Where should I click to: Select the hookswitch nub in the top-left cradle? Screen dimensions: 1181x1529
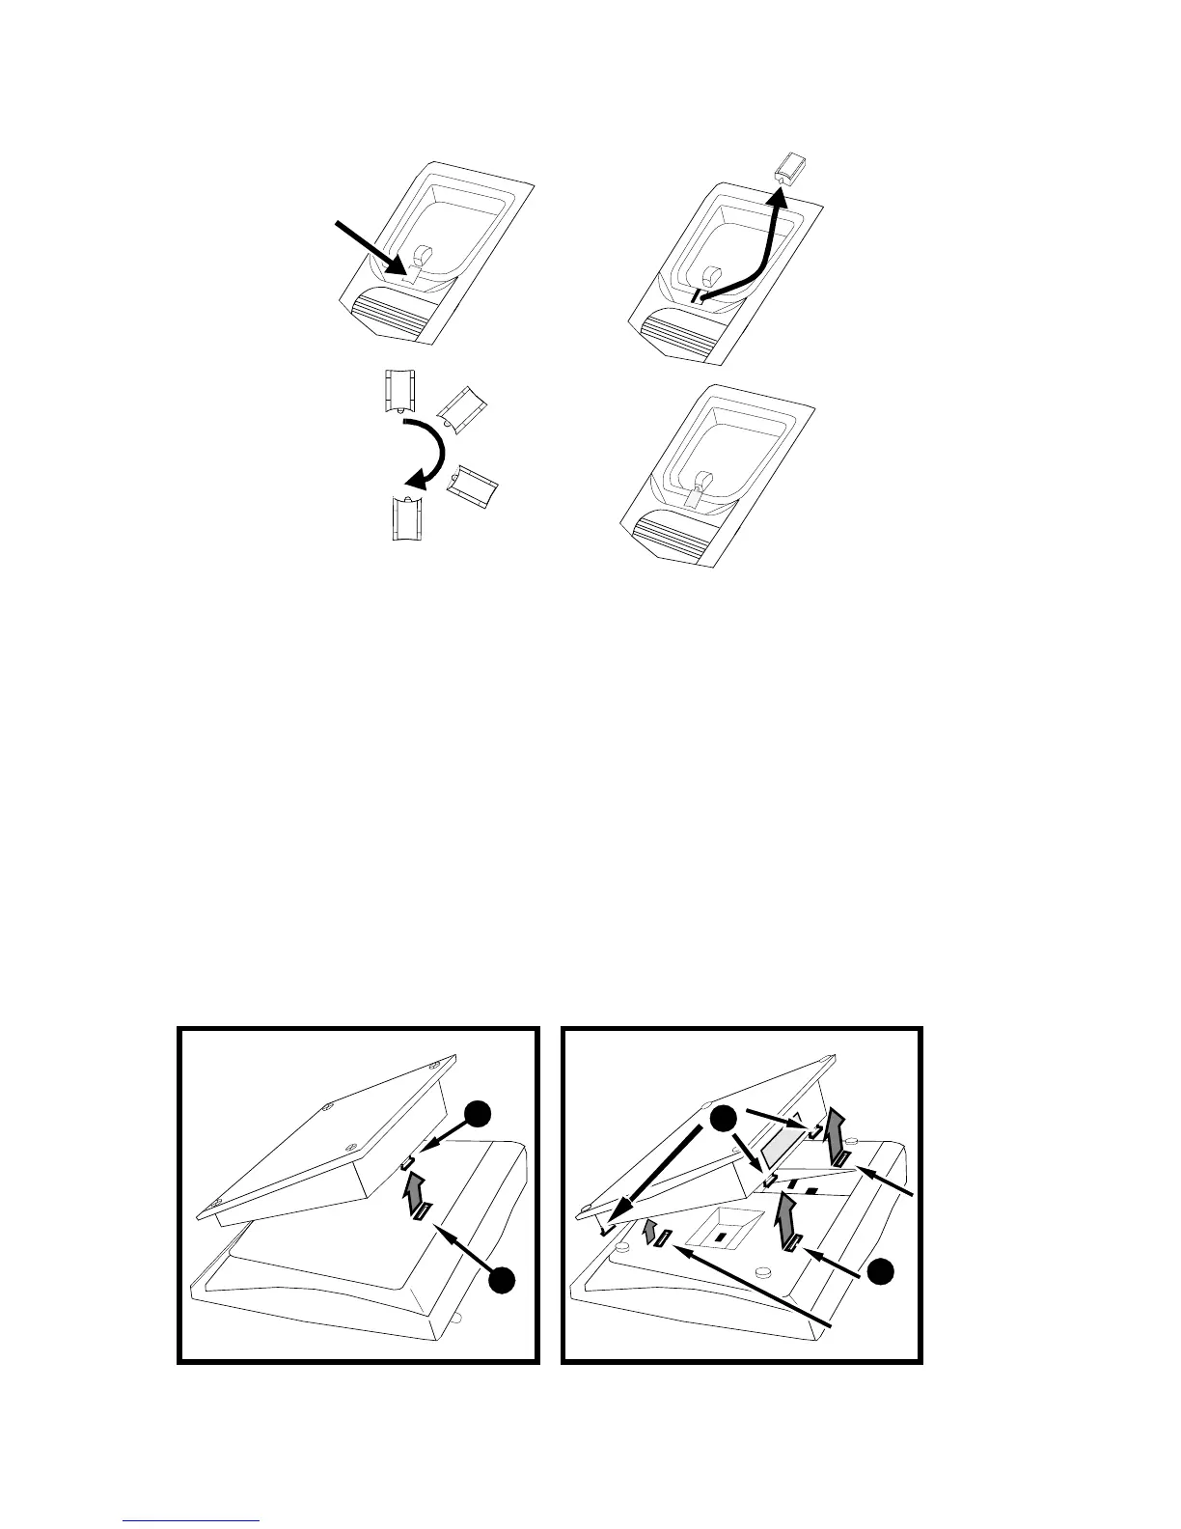click(423, 255)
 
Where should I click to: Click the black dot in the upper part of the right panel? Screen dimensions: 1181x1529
click(723, 1120)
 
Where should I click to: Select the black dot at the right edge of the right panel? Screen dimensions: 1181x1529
click(878, 1271)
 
